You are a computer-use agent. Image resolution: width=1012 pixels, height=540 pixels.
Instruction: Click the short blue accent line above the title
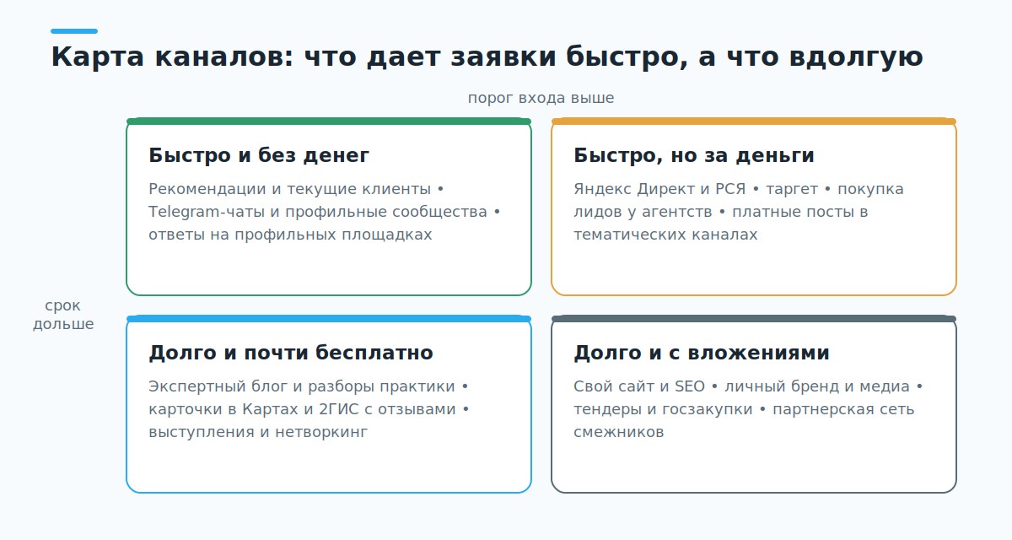(x=74, y=31)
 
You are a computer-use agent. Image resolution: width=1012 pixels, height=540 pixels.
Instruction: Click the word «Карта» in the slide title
(x=97, y=57)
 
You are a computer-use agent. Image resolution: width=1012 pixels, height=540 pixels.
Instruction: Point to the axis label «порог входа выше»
(x=541, y=98)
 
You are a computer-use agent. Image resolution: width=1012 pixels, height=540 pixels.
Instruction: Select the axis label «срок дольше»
(x=63, y=315)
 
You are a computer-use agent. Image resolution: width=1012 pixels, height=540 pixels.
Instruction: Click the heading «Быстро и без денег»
(x=259, y=155)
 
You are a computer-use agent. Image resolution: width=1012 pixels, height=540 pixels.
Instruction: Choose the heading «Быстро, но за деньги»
(x=694, y=155)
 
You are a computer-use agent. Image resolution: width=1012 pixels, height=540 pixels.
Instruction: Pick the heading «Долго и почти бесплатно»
(x=291, y=353)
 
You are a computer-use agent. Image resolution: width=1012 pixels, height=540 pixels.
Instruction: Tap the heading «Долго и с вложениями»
(x=702, y=353)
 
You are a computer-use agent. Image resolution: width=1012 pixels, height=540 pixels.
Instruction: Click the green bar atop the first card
(x=329, y=121)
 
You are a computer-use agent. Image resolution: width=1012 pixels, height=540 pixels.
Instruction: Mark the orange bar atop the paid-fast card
(x=754, y=121)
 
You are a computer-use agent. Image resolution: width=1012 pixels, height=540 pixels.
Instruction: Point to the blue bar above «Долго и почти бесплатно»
(x=329, y=319)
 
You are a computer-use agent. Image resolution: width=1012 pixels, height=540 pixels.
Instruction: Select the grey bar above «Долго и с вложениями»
(x=754, y=319)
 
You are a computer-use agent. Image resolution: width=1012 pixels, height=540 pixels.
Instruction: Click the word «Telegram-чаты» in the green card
(x=207, y=212)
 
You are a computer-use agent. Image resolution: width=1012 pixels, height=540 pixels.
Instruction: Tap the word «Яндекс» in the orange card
(x=603, y=189)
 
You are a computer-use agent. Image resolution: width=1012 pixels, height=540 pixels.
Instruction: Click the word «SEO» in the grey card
(x=690, y=386)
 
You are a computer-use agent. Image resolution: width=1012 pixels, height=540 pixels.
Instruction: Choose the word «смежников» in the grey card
(x=619, y=433)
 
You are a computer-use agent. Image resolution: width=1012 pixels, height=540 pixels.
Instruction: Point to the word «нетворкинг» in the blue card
(x=321, y=433)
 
